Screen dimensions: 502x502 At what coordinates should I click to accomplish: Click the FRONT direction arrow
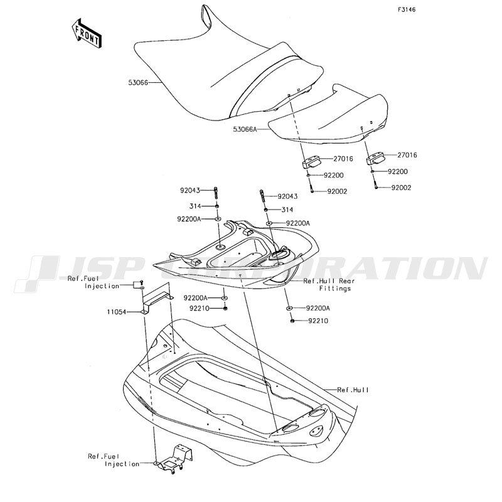point(86,33)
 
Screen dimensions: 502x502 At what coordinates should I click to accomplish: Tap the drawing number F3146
point(407,9)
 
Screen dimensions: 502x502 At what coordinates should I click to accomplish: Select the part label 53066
point(138,83)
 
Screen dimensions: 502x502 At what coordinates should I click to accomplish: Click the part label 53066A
point(245,129)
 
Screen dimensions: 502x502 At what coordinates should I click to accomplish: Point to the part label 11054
point(117,311)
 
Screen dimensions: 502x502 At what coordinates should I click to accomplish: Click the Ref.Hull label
point(353,390)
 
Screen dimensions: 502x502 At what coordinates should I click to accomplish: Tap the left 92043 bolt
point(215,193)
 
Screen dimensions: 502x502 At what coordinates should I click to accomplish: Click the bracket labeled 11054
point(157,299)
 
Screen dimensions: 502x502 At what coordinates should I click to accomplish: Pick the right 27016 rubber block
point(375,159)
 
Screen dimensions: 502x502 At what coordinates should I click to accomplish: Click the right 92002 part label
point(401,188)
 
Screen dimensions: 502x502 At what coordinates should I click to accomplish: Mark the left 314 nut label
point(195,206)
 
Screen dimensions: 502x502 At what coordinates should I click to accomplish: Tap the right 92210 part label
point(318,321)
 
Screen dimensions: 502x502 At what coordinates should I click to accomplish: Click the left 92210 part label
point(199,308)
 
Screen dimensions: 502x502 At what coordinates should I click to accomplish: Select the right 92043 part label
point(287,196)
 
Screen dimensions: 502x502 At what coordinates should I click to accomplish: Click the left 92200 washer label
point(334,176)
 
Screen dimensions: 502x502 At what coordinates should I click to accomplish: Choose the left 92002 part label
point(337,191)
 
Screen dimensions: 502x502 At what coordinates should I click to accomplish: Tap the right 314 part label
point(287,210)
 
